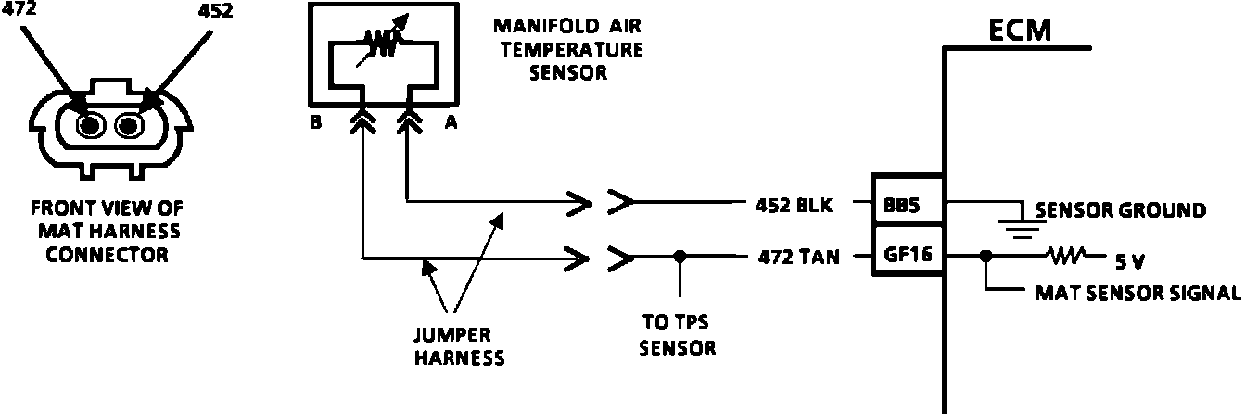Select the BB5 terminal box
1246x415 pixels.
point(908,207)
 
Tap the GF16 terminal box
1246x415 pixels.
point(908,256)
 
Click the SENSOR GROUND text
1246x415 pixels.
point(1121,210)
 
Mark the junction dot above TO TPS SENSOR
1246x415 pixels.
point(680,256)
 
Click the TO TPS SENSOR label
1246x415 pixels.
point(680,336)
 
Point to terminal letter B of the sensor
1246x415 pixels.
point(316,123)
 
